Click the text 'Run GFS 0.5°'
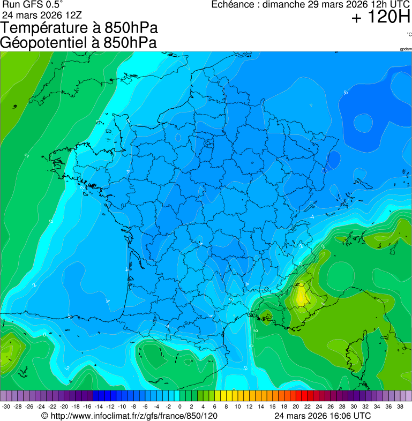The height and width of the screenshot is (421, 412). pyautogui.click(x=33, y=5)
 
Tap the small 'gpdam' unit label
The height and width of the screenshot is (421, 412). pyautogui.click(x=405, y=49)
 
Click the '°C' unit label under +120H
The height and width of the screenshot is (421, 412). pyautogui.click(x=409, y=34)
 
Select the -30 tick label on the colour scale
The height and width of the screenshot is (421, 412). pyautogui.click(x=6, y=407)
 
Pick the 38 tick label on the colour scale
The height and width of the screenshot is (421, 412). pyautogui.click(x=400, y=407)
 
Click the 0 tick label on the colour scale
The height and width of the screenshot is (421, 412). pyautogui.click(x=179, y=407)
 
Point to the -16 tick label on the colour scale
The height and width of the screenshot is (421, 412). pyautogui.click(x=87, y=407)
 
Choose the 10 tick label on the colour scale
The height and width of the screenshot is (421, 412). pyautogui.click(x=238, y=407)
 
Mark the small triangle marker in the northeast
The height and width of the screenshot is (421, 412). pyautogui.click(x=310, y=105)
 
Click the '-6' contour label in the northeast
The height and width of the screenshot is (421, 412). pyautogui.click(x=346, y=93)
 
